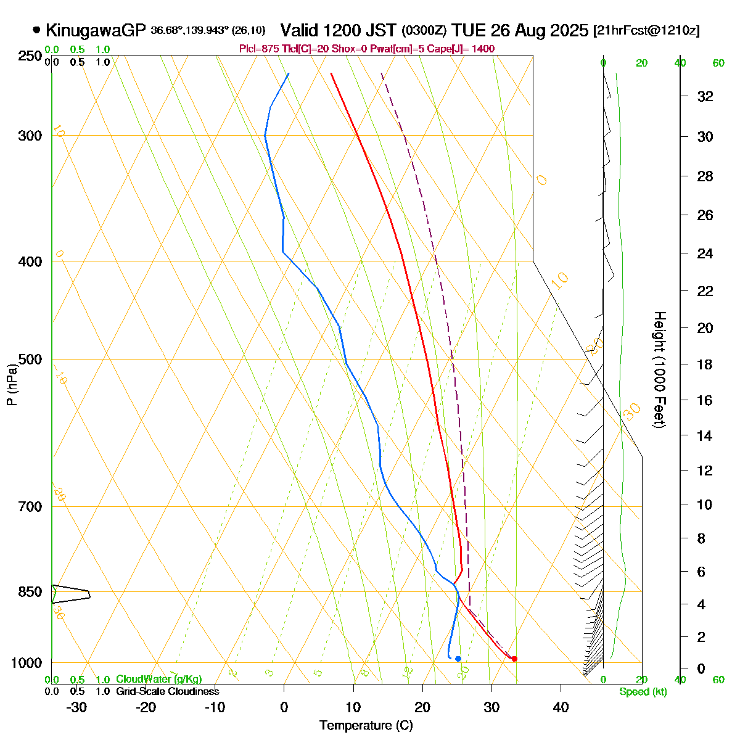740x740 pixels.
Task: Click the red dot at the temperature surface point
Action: [x=514, y=659]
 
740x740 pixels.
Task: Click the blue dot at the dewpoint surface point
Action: [x=458, y=659]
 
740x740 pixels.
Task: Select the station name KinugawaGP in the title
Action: [x=95, y=30]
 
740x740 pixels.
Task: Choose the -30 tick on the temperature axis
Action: [x=76, y=707]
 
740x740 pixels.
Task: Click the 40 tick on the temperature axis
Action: [x=561, y=707]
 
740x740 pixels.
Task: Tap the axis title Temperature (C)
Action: [x=366, y=725]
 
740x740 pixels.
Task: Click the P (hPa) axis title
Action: [x=12, y=385]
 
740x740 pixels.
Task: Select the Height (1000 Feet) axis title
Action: [x=659, y=370]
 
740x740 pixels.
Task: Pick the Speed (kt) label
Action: [x=643, y=692]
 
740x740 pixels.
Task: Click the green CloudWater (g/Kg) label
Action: [x=158, y=679]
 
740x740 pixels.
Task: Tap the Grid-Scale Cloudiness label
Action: [x=167, y=691]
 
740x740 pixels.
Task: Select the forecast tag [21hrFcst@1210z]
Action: [x=646, y=30]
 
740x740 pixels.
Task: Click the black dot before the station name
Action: [x=36, y=30]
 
